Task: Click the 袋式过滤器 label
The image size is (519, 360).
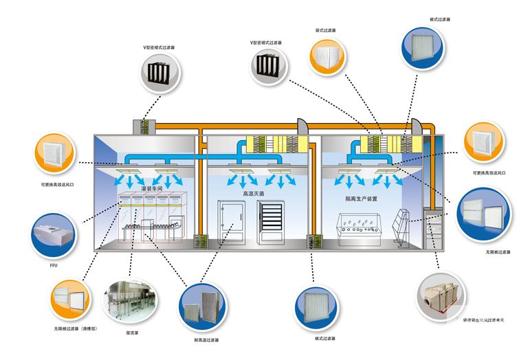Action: [326, 30]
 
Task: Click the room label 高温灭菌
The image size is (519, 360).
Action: [253, 194]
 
